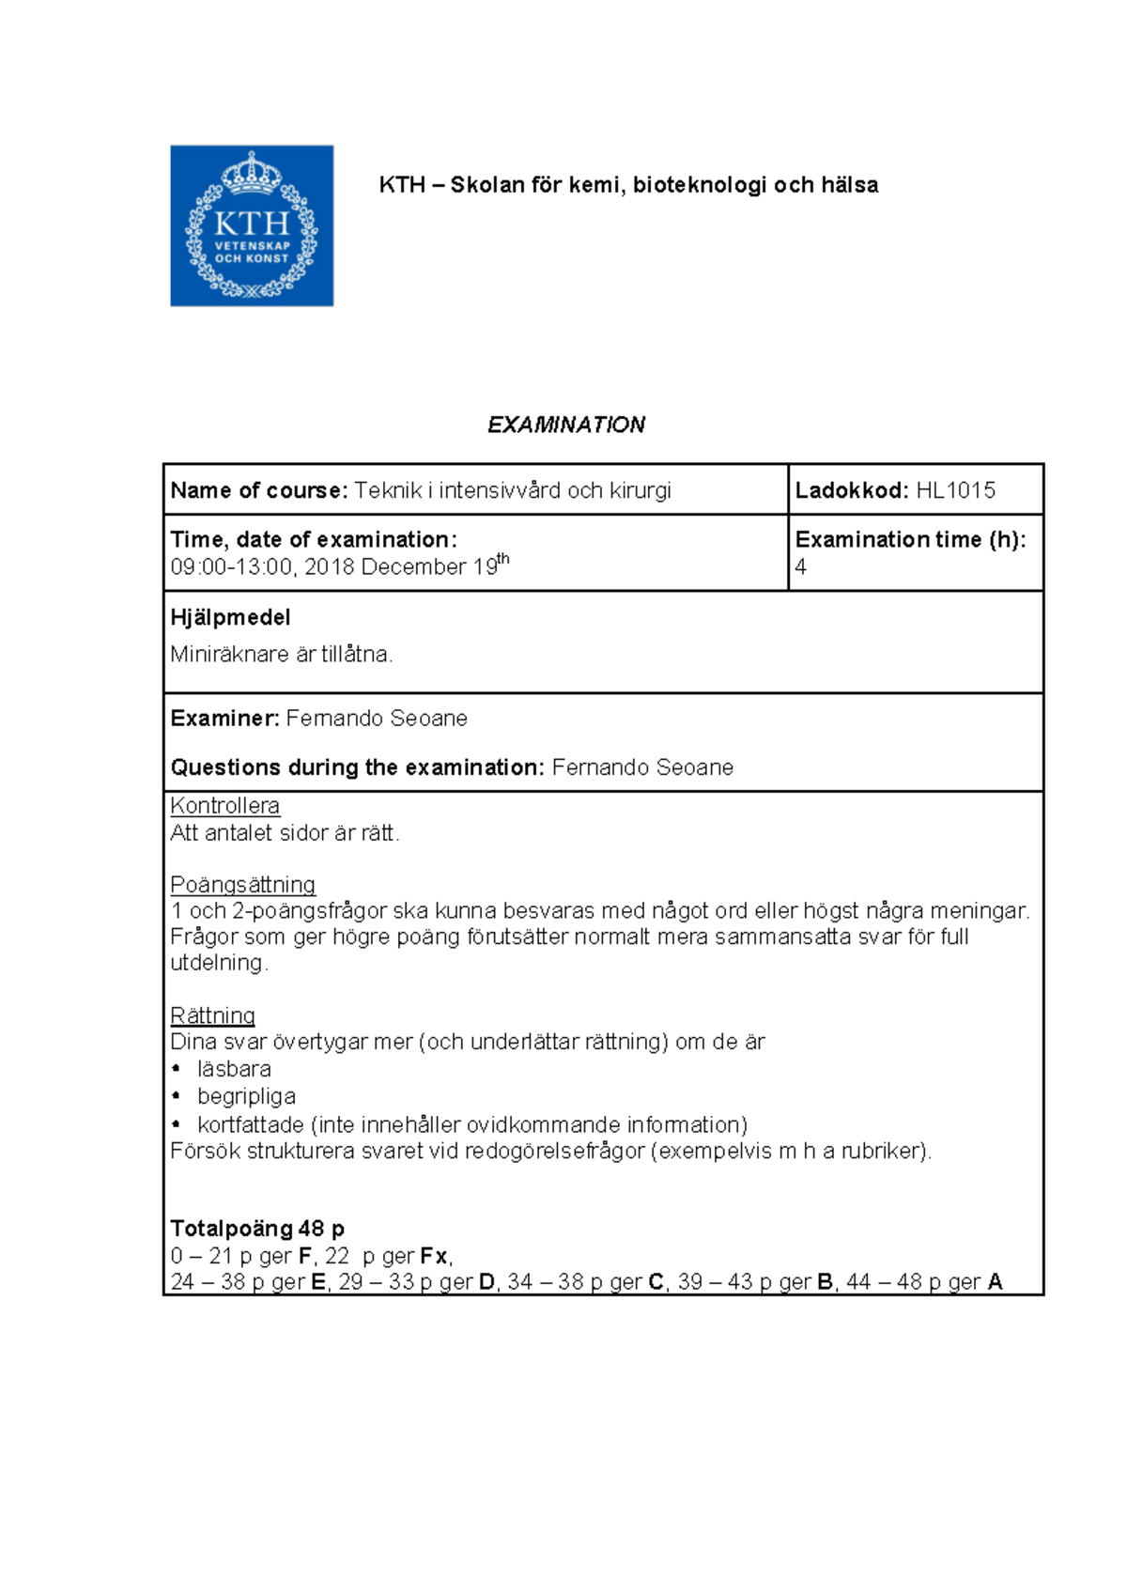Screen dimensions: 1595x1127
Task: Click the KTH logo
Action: click(x=252, y=225)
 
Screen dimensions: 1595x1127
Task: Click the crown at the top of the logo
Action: click(x=252, y=174)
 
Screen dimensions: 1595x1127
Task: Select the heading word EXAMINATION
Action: click(x=565, y=425)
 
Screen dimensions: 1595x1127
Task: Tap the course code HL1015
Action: click(x=955, y=490)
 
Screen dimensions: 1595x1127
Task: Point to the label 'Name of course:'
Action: click(x=259, y=490)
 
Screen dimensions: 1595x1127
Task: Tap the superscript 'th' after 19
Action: click(x=503, y=559)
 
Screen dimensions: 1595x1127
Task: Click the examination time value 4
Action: click(x=800, y=567)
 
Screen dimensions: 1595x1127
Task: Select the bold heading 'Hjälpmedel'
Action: click(x=230, y=617)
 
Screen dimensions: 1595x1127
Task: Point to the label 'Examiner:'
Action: click(x=224, y=719)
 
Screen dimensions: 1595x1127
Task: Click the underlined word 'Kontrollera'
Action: click(x=224, y=806)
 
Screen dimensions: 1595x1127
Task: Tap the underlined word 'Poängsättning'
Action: click(x=242, y=885)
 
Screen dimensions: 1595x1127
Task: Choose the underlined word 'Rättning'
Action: click(x=212, y=1015)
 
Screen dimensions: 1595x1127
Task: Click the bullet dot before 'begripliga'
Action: click(x=177, y=1096)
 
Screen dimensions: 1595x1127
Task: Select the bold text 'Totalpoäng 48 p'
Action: click(x=257, y=1229)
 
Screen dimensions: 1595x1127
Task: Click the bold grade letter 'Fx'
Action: click(x=434, y=1256)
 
